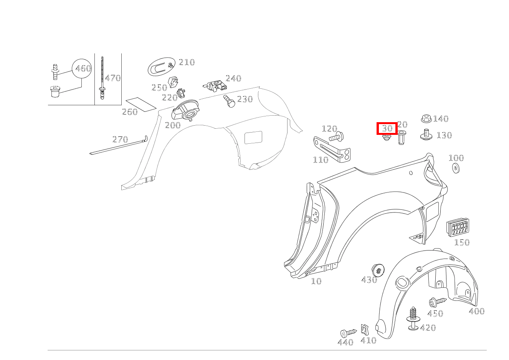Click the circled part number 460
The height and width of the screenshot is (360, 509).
[83, 68]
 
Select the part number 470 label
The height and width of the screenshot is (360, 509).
[113, 78]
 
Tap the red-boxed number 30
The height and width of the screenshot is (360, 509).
[387, 128]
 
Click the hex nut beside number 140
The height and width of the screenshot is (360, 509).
[426, 119]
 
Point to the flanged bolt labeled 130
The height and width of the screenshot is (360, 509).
[426, 134]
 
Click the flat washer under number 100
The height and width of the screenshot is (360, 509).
[456, 168]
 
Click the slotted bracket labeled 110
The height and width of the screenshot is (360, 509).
[332, 149]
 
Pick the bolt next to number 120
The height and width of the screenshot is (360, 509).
[337, 136]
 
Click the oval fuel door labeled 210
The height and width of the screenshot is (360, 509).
[162, 66]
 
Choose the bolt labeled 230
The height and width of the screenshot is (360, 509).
[229, 101]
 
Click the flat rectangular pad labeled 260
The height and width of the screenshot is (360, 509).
[141, 105]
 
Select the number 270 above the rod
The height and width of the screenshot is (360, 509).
[120, 139]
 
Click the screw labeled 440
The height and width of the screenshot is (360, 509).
[348, 333]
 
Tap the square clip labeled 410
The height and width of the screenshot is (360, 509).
[365, 330]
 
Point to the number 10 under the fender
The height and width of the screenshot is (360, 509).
[316, 281]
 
